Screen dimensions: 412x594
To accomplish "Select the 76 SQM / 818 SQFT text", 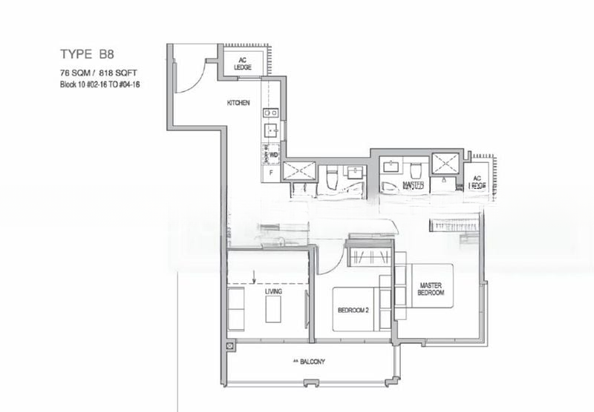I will [99, 73].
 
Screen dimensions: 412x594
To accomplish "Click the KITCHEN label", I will [238, 102].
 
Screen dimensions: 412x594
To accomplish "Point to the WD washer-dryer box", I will [273, 155].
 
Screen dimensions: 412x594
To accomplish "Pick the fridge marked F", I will [271, 173].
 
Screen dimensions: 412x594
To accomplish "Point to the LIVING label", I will [276, 292].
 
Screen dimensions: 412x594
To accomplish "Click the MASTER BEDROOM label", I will [431, 289].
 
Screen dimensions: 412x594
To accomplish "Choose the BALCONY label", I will [310, 362].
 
